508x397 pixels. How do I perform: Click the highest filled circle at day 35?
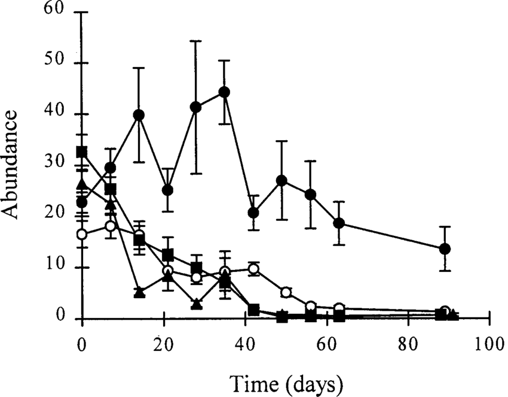pyautogui.click(x=225, y=92)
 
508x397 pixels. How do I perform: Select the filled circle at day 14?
pyautogui.click(x=139, y=115)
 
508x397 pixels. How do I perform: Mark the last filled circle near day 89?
pyautogui.click(x=445, y=248)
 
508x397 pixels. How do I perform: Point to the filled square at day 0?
pyautogui.click(x=82, y=152)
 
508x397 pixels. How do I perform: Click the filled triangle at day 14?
pyautogui.click(x=139, y=292)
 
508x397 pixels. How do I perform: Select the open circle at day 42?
pyautogui.click(x=254, y=269)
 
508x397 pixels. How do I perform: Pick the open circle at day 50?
pyautogui.click(x=286, y=292)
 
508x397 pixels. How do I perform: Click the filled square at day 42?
pyautogui.click(x=254, y=310)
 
